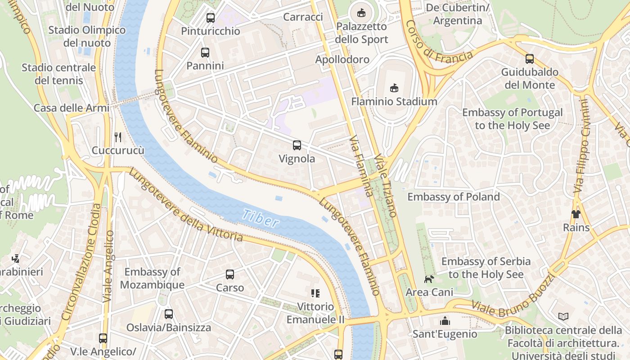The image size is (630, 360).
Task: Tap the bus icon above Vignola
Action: coord(297,145)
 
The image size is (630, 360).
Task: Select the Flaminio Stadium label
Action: coord(394,101)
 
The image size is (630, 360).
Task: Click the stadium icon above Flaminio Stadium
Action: coord(394,87)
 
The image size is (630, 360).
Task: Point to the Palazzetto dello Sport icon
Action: coord(361,13)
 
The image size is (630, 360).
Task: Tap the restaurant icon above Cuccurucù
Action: coord(118,137)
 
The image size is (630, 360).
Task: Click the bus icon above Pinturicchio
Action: coord(211,18)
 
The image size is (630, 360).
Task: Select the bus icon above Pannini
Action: coord(205,53)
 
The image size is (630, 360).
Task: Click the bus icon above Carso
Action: coord(230,274)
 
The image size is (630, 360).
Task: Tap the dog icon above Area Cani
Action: coord(429,279)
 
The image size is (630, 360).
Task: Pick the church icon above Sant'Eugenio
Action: coord(445,321)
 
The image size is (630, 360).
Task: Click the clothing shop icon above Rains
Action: coord(576,214)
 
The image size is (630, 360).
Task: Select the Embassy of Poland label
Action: coord(454,197)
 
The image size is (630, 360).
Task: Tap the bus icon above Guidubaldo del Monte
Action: coord(530,59)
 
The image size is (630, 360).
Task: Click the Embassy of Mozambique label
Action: coord(152,278)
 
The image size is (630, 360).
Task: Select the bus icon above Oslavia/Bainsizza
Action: coord(169,314)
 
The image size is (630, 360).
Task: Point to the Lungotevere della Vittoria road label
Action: coord(185,205)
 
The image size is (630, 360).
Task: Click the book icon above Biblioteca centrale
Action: coord(563,317)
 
